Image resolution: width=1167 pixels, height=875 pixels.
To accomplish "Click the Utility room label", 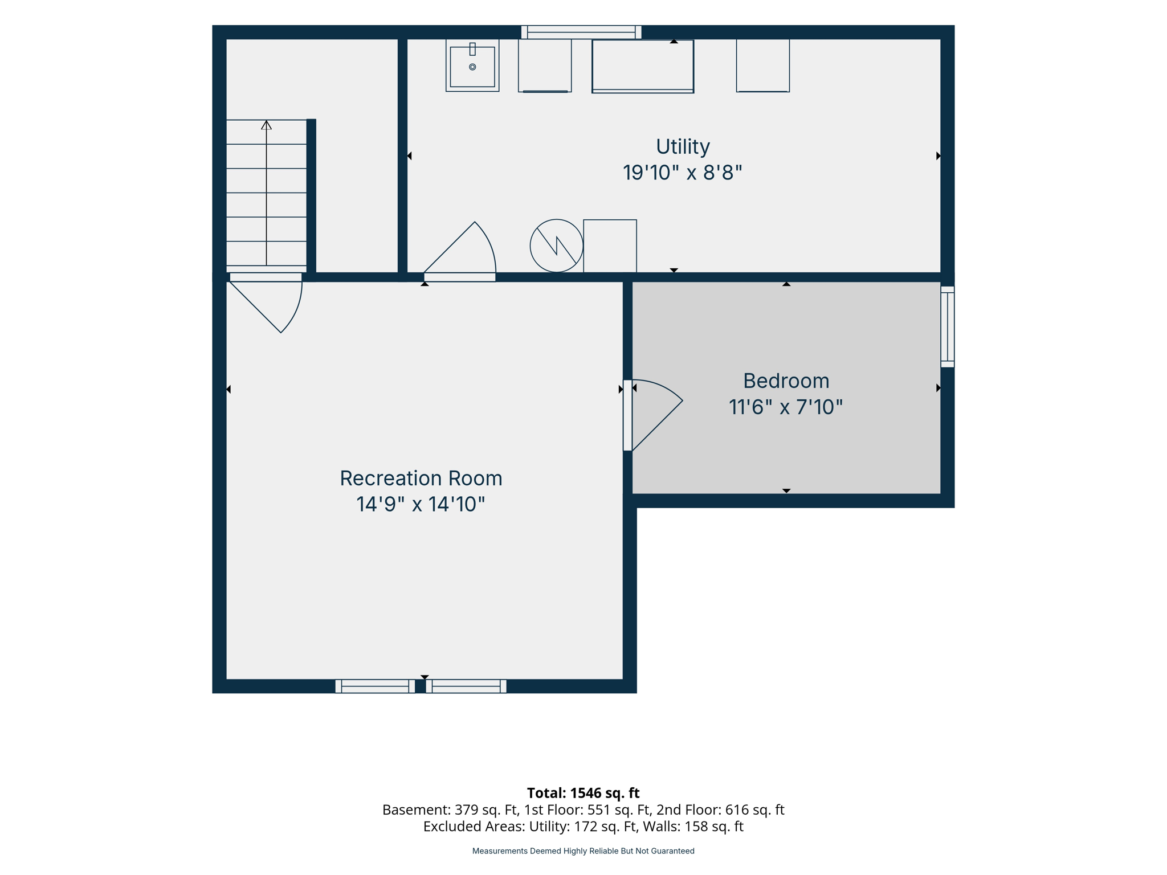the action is [683, 147].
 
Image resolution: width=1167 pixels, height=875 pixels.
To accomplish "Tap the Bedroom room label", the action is [786, 381].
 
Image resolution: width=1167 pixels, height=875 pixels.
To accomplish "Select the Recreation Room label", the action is [421, 479].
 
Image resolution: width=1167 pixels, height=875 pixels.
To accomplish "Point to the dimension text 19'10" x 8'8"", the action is [683, 173].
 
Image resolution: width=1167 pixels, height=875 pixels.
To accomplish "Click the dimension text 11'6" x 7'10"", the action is [786, 407].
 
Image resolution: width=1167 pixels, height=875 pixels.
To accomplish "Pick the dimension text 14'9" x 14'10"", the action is [421, 504].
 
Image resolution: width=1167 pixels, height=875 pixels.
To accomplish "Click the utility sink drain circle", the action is [472, 67].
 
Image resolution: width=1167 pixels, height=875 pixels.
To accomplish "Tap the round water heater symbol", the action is [557, 246].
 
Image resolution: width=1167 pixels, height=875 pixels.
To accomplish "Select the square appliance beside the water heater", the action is [610, 246].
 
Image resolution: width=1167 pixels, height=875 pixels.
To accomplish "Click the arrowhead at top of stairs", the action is [266, 125].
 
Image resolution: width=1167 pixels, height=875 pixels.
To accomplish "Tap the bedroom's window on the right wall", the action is [947, 326].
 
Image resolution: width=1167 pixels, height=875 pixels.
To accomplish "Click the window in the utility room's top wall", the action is [581, 32].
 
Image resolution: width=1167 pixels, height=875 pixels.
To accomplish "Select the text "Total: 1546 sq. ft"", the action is [583, 793].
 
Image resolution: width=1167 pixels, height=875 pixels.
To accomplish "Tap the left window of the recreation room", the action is [375, 686].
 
